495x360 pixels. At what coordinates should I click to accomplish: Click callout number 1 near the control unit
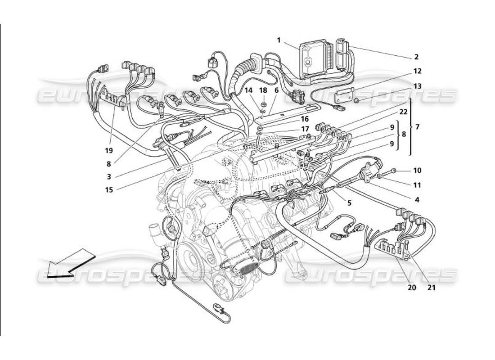(279, 40)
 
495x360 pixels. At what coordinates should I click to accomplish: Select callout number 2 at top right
(416, 57)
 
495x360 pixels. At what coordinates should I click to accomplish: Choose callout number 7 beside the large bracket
(417, 127)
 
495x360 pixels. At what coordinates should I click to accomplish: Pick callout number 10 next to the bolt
(417, 171)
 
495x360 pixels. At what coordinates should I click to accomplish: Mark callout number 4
(417, 199)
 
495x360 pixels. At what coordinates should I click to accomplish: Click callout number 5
(349, 203)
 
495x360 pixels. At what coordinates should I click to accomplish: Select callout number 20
(412, 286)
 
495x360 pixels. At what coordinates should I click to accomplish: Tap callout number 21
(432, 286)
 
